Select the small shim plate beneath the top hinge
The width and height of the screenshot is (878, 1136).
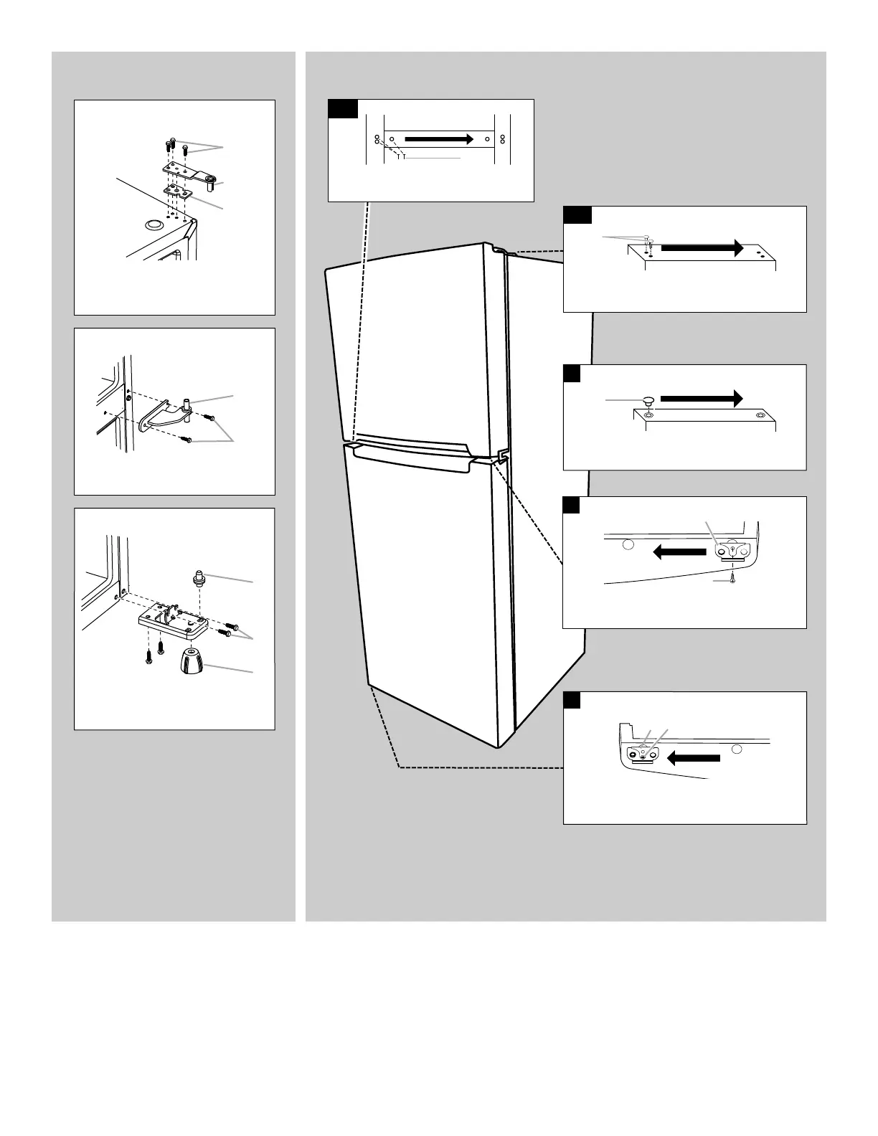177,192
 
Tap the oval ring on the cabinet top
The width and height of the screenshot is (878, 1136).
153,225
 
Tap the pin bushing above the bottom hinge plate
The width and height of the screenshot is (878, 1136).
198,577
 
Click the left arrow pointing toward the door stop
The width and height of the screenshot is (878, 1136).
694,758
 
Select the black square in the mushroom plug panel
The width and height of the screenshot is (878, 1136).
572,373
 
